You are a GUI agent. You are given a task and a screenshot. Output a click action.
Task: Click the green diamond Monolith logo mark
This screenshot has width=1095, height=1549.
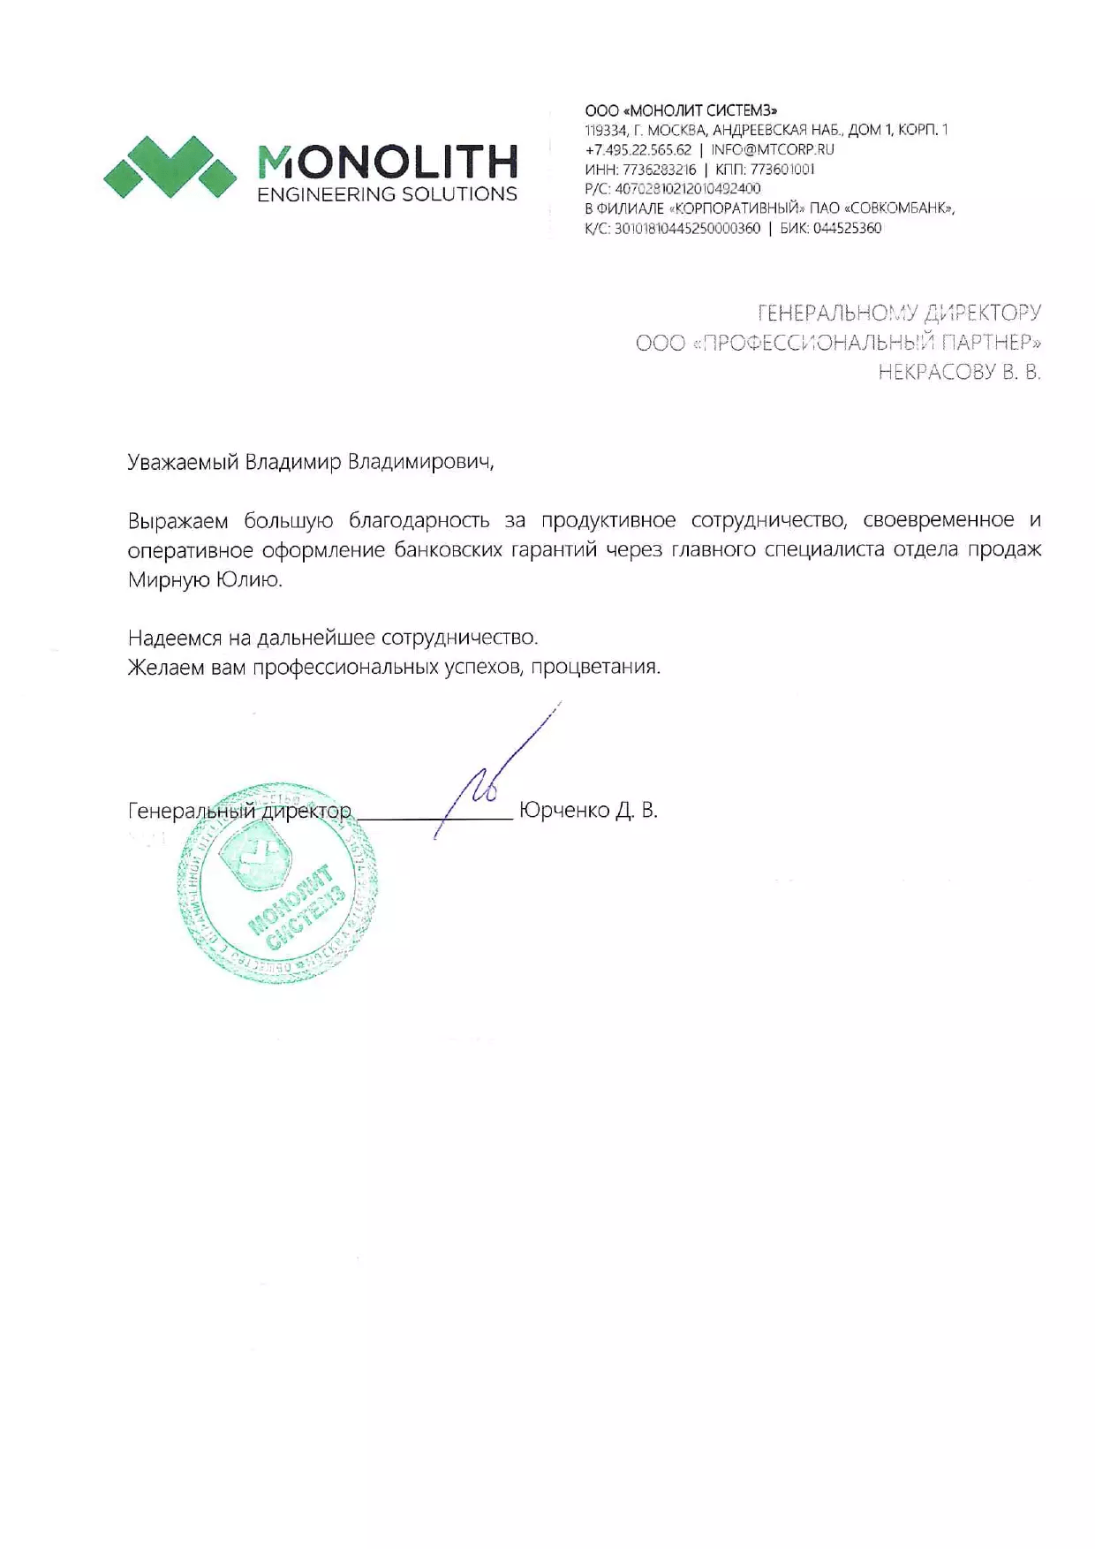170,166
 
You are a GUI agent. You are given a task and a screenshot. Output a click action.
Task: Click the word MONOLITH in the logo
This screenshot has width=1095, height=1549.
387,162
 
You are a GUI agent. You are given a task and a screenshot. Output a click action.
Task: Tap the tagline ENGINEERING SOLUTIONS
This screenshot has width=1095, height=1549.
387,194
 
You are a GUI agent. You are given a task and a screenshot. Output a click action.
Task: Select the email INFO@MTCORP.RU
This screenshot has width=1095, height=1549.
773,149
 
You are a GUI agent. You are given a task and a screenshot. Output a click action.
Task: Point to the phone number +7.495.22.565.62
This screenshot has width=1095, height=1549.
638,149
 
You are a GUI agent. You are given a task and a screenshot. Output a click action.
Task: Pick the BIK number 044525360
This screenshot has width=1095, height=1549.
847,228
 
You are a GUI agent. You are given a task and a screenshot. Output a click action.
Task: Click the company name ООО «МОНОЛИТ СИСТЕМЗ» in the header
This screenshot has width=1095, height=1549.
681,110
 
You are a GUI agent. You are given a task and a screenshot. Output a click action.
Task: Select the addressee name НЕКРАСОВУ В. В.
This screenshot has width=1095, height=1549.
959,372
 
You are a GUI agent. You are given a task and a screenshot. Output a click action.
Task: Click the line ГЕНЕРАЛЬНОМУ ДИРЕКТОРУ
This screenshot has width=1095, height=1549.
899,313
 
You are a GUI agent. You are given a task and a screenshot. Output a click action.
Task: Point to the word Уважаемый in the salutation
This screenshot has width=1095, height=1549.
183,463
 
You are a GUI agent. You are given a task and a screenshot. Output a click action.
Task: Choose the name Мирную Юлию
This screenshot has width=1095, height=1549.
205,580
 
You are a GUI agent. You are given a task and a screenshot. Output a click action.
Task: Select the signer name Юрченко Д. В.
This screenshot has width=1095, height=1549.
588,810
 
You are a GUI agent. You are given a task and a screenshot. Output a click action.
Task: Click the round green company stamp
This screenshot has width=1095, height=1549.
277,883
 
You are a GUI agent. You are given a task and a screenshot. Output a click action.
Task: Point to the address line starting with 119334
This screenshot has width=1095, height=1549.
766,130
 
